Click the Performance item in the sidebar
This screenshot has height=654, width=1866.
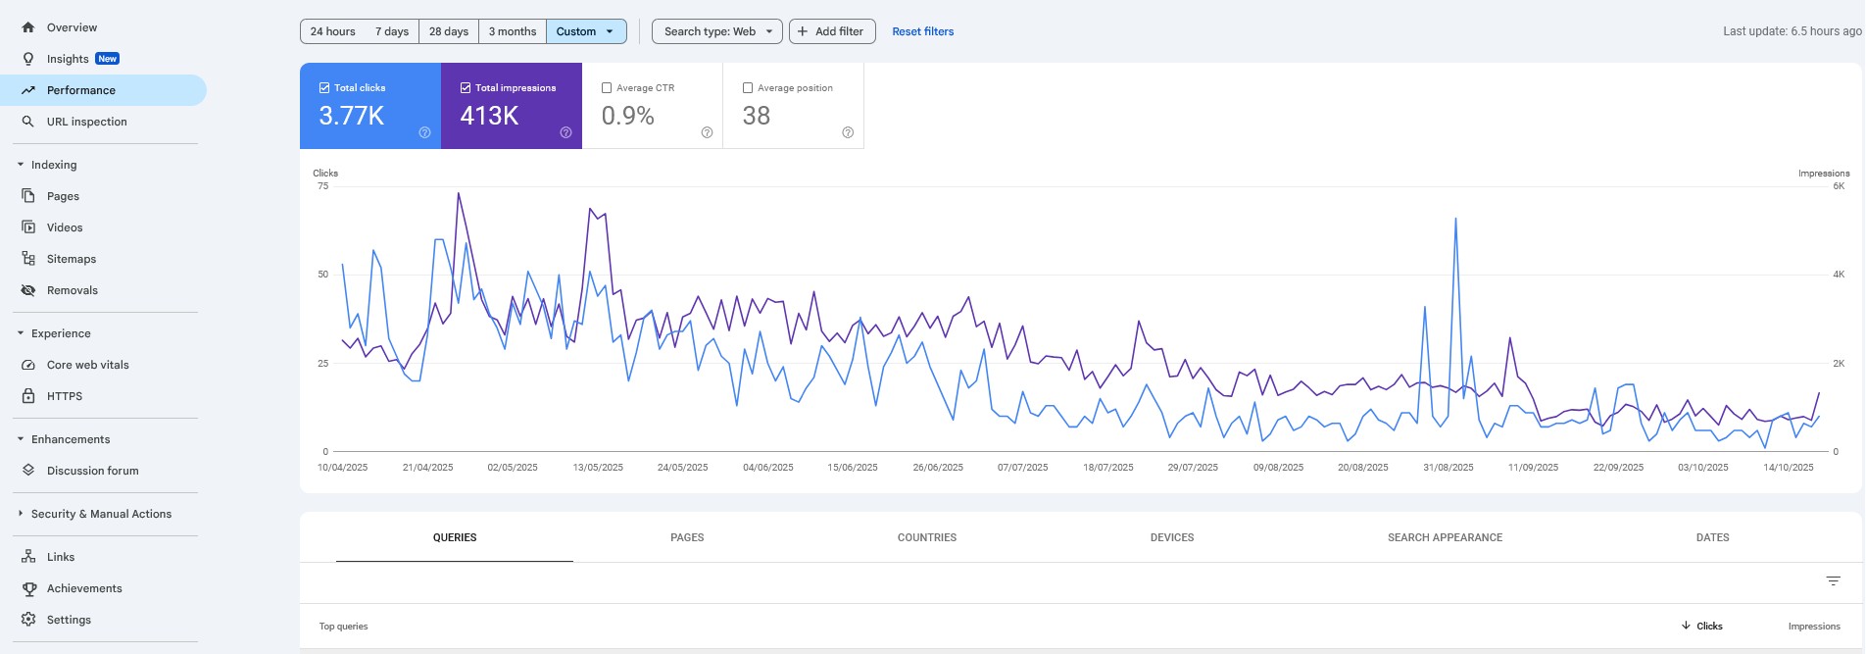[81, 90]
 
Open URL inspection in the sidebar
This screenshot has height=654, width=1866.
[86, 122]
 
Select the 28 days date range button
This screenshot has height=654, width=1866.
[448, 31]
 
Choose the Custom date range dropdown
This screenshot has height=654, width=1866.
[585, 31]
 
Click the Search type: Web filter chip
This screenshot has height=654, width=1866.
[717, 31]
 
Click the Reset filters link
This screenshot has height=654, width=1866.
[922, 31]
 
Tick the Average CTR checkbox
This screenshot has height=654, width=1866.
[607, 88]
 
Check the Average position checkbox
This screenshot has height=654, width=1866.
[748, 88]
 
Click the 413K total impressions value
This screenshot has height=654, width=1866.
[489, 116]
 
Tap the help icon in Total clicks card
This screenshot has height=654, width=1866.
[424, 132]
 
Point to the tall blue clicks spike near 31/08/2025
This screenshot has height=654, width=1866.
[1455, 222]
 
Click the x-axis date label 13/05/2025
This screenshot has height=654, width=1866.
[598, 468]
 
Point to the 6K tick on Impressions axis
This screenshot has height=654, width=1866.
[1839, 186]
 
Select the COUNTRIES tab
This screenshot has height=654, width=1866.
[926, 537]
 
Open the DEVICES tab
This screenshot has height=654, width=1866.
[1171, 537]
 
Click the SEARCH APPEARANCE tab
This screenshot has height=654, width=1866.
[1444, 537]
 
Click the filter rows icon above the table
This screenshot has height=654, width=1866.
[1833, 581]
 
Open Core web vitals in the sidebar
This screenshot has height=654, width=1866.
[87, 365]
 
